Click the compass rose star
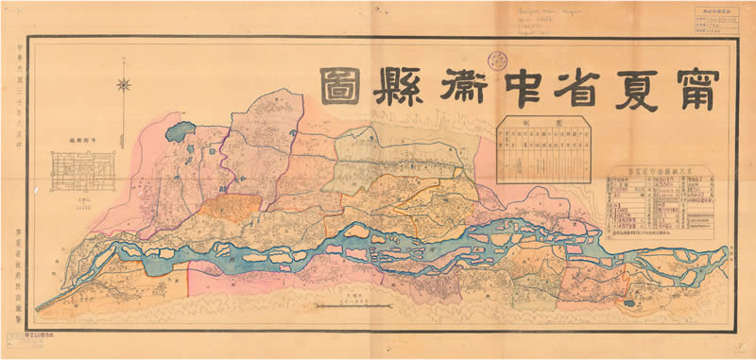124,85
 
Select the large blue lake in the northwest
179,130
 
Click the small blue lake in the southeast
630,303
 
